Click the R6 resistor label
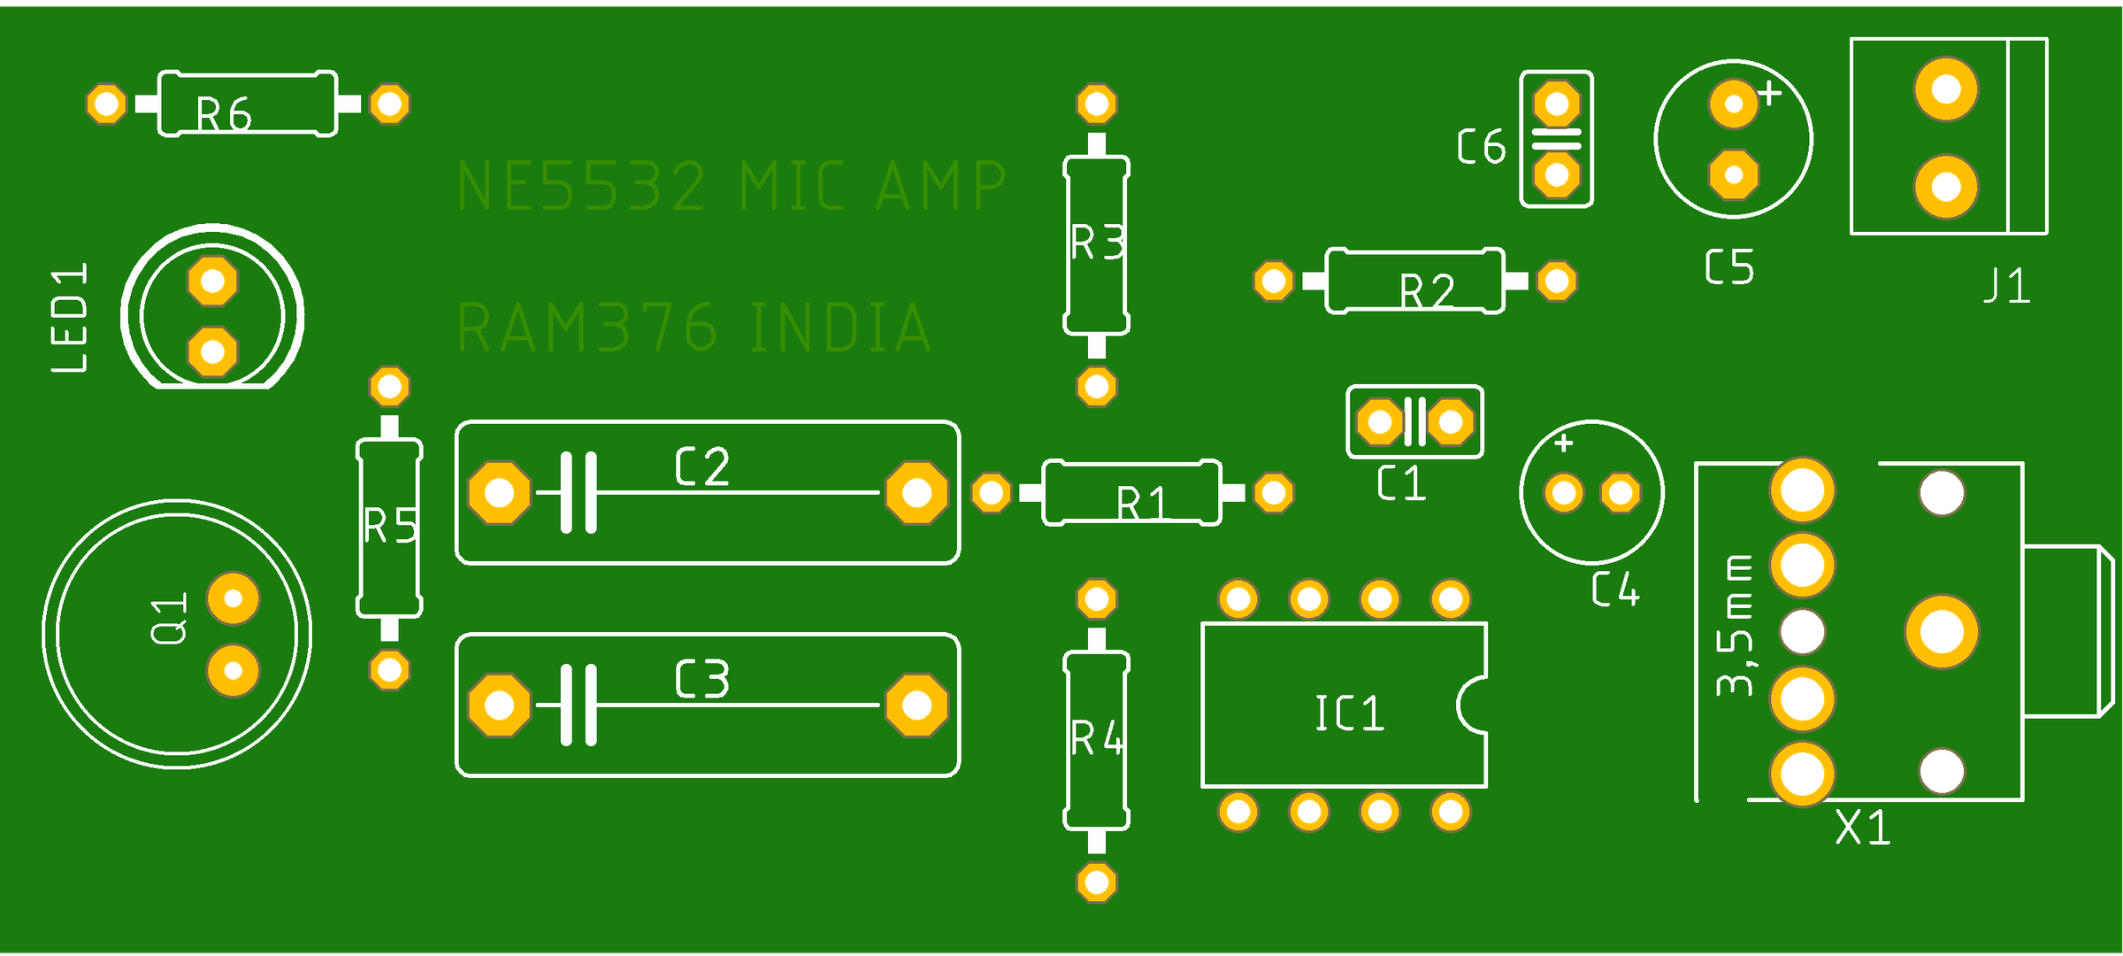click(224, 115)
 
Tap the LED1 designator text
click(71, 318)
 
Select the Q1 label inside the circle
click(170, 619)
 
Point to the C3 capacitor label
click(702, 680)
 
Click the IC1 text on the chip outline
click(1349, 713)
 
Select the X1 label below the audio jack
click(1863, 829)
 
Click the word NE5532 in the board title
click(582, 187)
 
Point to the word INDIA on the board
click(840, 328)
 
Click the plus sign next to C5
click(1769, 93)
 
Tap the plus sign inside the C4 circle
click(1564, 443)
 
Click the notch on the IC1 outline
click(1474, 705)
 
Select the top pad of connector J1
click(1946, 89)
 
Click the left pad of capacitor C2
click(500, 492)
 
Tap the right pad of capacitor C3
click(916, 705)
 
